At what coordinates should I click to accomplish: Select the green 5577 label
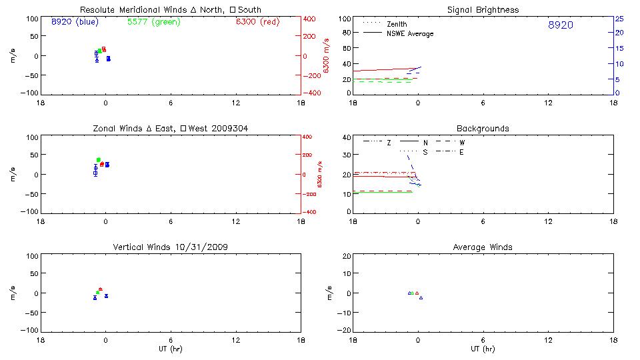153,22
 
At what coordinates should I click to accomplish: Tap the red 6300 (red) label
257,22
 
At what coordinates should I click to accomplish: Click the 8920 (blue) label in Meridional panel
74,22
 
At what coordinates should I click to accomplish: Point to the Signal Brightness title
483,10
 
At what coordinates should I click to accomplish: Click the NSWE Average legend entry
410,33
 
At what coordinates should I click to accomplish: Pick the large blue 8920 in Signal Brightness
560,25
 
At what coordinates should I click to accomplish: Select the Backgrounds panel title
483,128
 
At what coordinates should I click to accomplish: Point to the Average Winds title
483,247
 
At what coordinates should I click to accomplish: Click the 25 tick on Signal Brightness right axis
619,19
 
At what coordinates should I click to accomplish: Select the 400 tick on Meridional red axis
311,19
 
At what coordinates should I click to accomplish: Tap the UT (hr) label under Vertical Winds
171,349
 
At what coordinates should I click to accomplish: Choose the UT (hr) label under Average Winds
483,349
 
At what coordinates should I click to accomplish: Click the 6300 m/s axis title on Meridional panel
326,56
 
